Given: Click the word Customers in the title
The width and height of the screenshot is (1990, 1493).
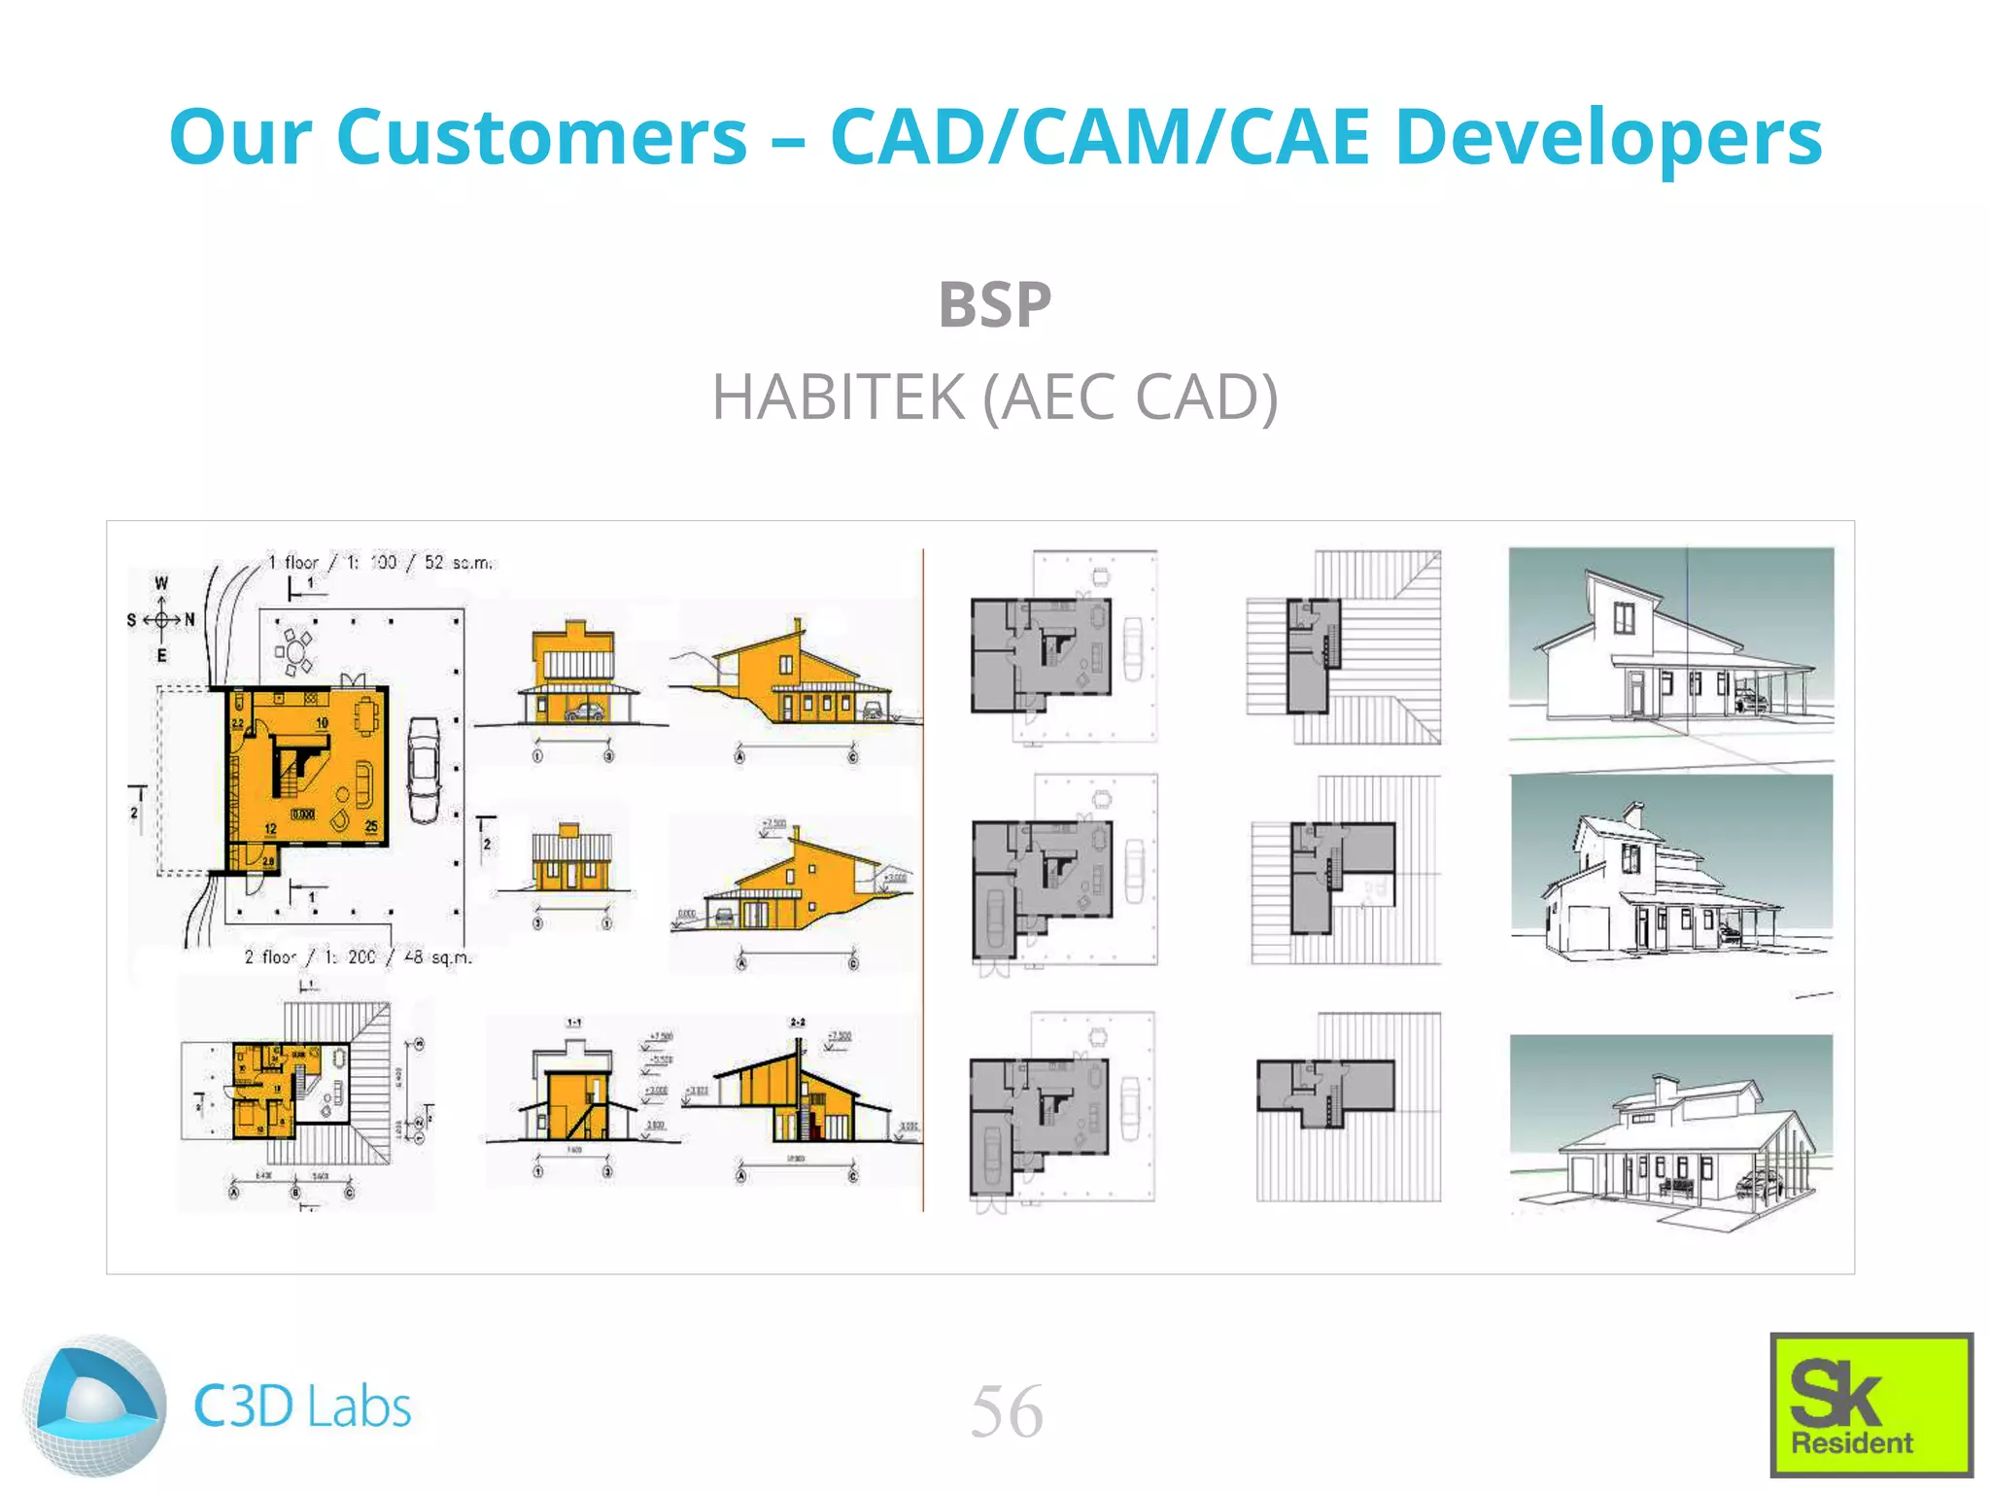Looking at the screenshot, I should click(541, 137).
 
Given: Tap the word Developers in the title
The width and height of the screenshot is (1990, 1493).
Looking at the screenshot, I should click(1608, 137).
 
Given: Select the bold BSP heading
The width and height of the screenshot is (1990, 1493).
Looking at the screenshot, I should click(994, 304).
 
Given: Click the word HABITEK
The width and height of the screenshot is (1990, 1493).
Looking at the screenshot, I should click(839, 398).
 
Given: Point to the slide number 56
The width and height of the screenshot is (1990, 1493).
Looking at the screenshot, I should click(1007, 1411).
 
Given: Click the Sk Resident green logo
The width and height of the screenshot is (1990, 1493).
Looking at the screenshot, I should click(1870, 1405).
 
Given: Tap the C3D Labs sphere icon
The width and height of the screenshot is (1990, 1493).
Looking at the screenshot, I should click(94, 1406).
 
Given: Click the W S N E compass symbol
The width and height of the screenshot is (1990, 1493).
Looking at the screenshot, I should click(161, 619).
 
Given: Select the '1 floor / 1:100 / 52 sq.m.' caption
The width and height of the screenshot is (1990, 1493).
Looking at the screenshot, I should click(380, 562).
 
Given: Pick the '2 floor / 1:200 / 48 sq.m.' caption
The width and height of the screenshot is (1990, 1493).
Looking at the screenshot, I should click(358, 957).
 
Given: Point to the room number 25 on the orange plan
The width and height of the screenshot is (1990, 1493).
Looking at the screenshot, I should click(371, 826).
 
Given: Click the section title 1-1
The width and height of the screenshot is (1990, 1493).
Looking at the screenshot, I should click(573, 1023).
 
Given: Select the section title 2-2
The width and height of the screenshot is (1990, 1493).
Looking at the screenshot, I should click(797, 1023).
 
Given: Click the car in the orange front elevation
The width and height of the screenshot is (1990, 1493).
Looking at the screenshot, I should click(584, 712).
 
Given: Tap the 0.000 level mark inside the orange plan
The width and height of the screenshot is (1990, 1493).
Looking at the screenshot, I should click(302, 814).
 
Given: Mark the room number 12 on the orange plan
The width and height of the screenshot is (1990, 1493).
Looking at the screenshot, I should click(270, 829).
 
